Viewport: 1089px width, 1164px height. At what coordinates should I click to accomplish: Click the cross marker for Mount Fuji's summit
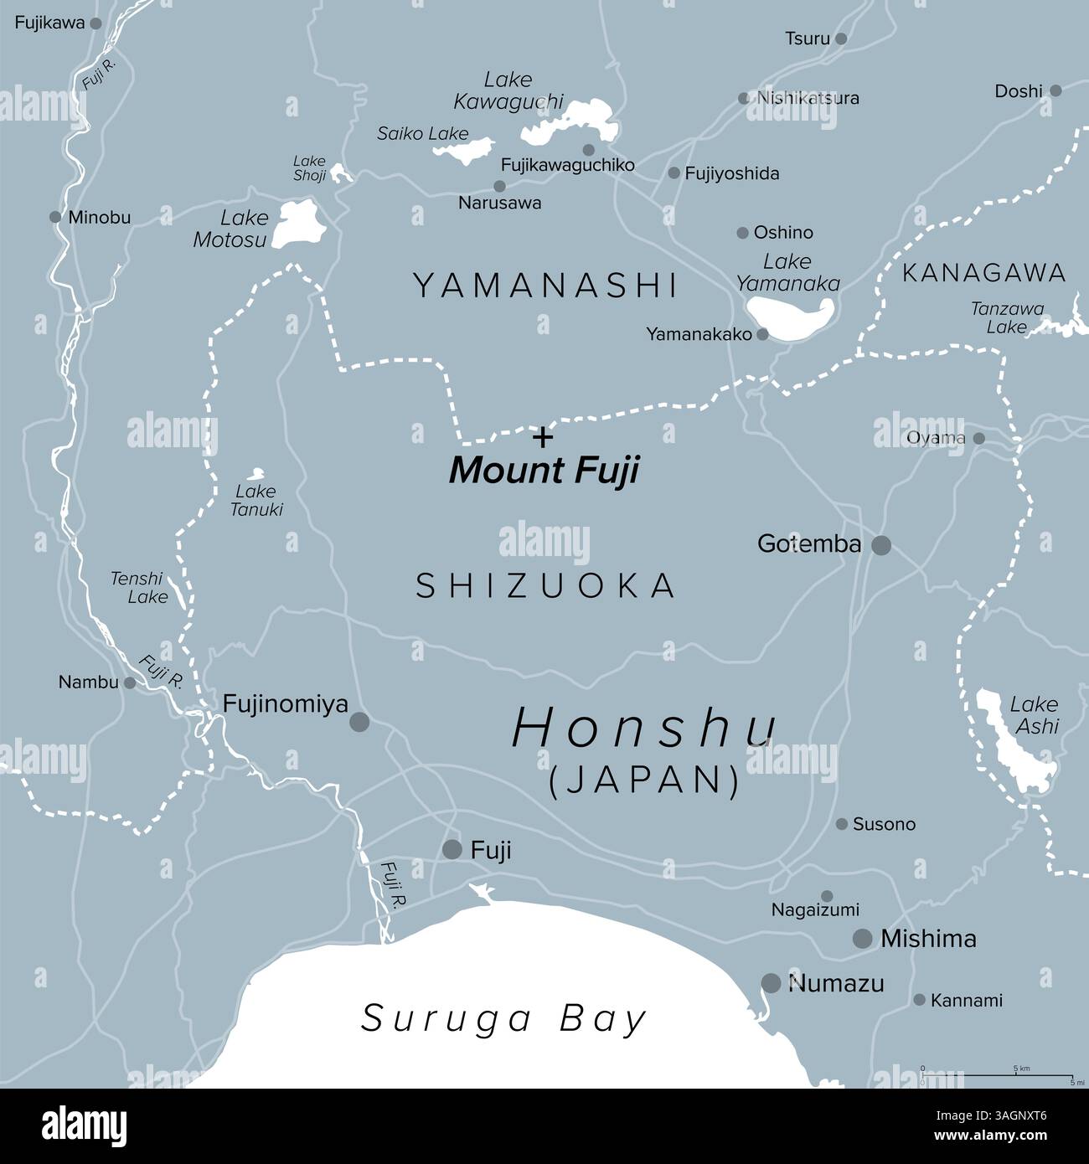544,436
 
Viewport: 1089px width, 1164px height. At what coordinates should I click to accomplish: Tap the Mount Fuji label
544,471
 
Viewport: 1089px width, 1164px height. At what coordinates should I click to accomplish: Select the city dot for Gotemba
881,546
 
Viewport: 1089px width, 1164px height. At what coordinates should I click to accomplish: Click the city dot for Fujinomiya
359,722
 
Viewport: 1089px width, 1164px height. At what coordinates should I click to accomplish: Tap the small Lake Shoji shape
340,173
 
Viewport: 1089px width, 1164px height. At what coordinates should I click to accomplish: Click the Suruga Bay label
504,1019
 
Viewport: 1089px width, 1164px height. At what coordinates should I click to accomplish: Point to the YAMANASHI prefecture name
545,286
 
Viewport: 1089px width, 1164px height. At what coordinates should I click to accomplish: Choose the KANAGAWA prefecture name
983,273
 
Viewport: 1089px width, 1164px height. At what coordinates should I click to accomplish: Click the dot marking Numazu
771,983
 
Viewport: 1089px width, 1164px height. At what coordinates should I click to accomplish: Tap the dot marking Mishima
862,939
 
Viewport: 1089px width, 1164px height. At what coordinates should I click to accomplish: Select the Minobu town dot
55,218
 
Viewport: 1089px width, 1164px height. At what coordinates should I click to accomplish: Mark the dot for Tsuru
841,39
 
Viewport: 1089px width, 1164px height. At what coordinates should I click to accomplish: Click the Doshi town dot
1055,90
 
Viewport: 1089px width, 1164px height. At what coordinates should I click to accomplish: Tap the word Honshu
643,728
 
